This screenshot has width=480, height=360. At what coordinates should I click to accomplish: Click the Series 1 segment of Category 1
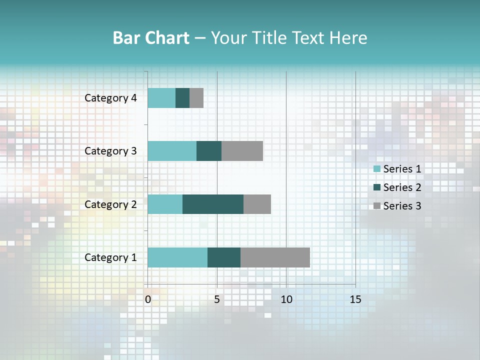click(x=177, y=257)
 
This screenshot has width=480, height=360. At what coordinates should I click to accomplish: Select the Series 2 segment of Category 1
click(x=224, y=257)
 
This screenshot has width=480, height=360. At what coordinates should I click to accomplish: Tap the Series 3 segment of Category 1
click(x=275, y=257)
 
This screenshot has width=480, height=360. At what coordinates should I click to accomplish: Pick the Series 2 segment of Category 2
click(x=213, y=204)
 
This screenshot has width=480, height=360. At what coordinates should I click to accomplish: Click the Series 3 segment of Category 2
click(x=257, y=204)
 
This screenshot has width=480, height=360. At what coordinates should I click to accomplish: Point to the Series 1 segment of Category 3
click(x=172, y=151)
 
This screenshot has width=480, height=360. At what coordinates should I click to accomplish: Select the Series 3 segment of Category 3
click(x=242, y=151)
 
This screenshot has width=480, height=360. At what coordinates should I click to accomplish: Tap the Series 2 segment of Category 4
click(x=182, y=98)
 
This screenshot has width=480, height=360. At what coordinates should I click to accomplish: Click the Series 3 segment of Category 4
click(x=196, y=98)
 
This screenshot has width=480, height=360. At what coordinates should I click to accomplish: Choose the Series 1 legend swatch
click(x=376, y=169)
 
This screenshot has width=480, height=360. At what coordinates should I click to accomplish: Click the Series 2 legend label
click(x=402, y=187)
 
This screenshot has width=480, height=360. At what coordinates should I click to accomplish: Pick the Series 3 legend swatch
click(x=376, y=206)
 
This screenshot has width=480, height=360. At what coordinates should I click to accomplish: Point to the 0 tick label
click(x=148, y=299)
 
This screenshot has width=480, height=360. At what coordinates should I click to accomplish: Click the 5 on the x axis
click(x=217, y=299)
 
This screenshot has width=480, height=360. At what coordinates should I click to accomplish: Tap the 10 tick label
click(x=286, y=299)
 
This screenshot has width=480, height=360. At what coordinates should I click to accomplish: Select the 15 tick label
click(x=355, y=299)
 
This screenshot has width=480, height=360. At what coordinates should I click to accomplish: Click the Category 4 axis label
click(x=110, y=98)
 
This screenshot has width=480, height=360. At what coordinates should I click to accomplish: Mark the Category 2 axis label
click(x=110, y=204)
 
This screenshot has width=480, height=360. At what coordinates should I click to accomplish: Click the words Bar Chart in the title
click(x=151, y=37)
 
